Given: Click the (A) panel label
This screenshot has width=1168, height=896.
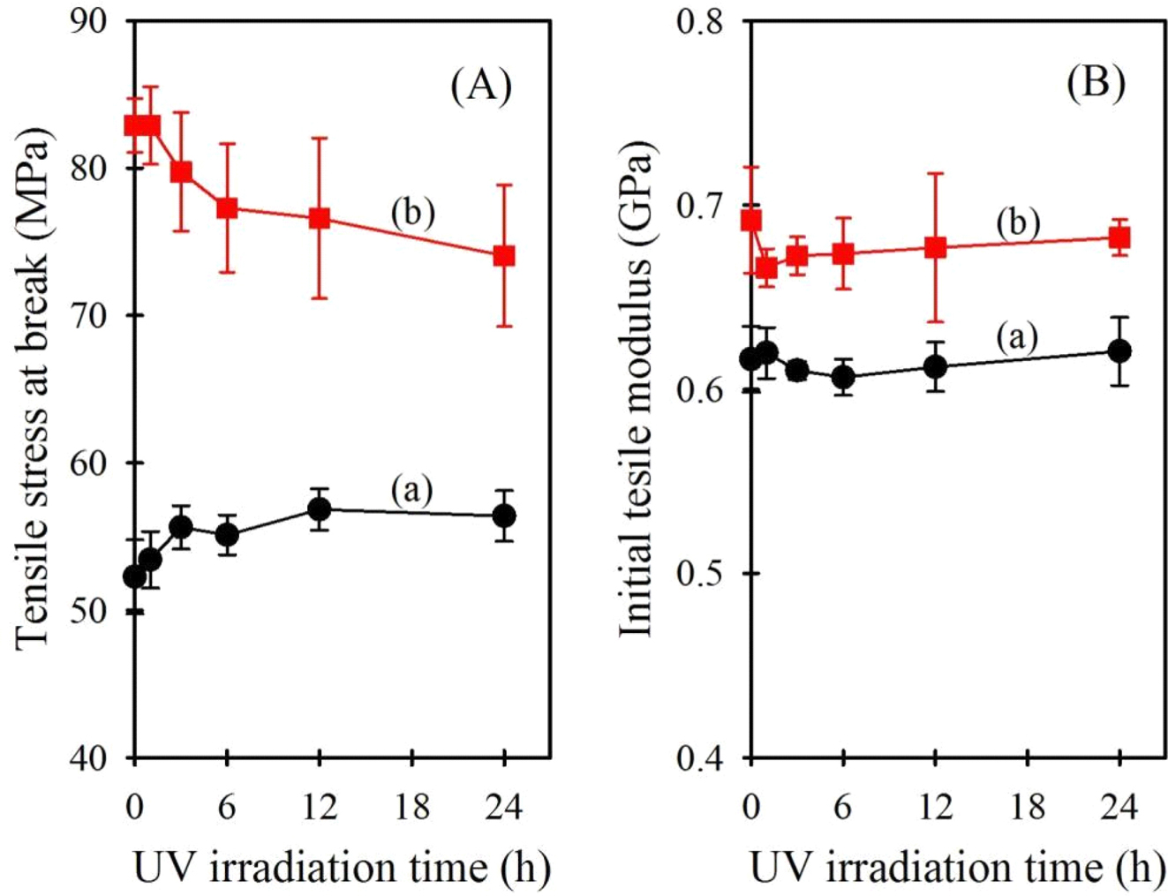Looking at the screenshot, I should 481,86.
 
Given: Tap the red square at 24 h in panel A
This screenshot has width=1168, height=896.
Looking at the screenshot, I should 504,256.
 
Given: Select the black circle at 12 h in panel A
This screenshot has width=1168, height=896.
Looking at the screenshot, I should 320,509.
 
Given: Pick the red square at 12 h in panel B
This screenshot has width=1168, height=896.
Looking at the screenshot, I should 936,247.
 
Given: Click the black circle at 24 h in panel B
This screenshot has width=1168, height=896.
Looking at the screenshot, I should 1119,350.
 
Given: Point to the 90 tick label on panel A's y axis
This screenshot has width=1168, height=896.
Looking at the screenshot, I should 88,21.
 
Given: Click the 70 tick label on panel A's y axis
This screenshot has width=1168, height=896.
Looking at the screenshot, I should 88,316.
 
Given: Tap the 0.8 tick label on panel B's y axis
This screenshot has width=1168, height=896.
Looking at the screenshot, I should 700,21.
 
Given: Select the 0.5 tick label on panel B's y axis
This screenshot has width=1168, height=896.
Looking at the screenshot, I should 700,574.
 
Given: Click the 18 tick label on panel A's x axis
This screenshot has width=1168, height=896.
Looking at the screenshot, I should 411,806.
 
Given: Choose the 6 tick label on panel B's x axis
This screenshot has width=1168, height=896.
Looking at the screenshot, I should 843,806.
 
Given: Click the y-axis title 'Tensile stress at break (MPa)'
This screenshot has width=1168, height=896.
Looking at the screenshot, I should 34,388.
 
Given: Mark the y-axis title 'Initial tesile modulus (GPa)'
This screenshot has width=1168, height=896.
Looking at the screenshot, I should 637,388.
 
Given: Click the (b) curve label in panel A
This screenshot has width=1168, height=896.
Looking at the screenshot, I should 412,212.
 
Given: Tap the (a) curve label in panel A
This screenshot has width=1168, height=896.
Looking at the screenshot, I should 411,489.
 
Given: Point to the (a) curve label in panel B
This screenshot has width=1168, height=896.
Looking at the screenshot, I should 1017,335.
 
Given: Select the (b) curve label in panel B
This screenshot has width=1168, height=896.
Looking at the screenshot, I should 1017,222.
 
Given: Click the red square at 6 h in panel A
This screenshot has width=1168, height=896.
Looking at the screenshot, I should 227,208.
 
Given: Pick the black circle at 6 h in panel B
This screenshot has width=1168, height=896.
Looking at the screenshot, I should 843,377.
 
